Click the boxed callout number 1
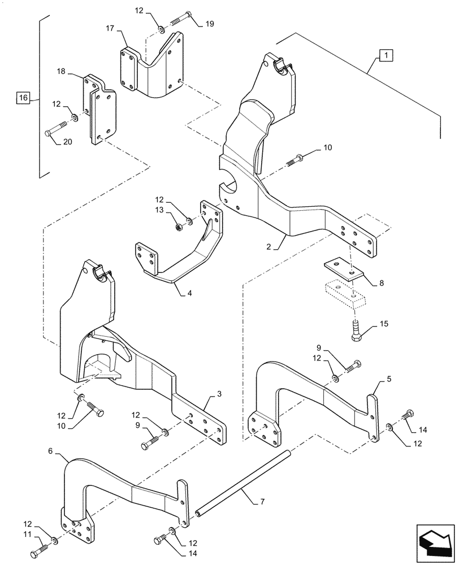(x=385, y=55)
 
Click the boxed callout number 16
(x=23, y=98)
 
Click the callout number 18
(x=62, y=72)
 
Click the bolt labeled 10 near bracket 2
(x=297, y=159)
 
